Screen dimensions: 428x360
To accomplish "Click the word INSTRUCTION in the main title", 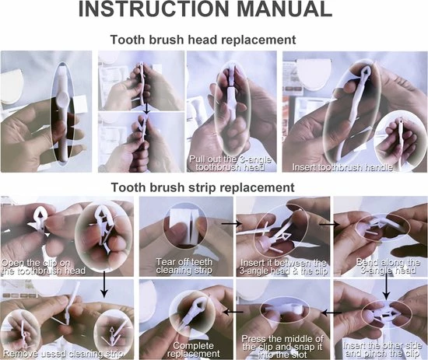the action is pos(153,9).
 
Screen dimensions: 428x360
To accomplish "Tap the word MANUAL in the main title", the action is pos(284,9).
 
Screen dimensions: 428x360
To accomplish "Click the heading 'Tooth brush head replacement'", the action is pos(203,40).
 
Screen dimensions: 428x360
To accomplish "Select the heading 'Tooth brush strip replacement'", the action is pos(203,187).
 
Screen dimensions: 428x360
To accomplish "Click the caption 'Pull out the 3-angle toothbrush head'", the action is pos(230,163).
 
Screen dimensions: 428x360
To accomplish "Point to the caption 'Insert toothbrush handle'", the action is pos(342,167).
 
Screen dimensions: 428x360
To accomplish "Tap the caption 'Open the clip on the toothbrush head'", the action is pos(43,267).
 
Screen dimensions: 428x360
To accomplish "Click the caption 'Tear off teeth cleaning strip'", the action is pos(184,266).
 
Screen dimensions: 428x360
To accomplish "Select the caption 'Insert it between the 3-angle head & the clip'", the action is pos(283,267).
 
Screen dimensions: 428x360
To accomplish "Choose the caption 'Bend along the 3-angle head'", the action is pos(388,266).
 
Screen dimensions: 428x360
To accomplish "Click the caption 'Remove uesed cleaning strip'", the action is pos(63,354).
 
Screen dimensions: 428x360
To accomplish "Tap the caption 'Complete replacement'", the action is pos(193,350).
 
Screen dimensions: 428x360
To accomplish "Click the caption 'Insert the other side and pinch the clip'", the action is pos(382,349).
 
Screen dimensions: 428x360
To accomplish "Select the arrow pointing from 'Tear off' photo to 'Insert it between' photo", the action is pos(231,224).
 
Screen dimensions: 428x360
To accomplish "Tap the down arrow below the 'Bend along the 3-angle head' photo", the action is pos(386,287).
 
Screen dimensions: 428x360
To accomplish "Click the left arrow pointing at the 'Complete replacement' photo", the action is pos(233,312).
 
